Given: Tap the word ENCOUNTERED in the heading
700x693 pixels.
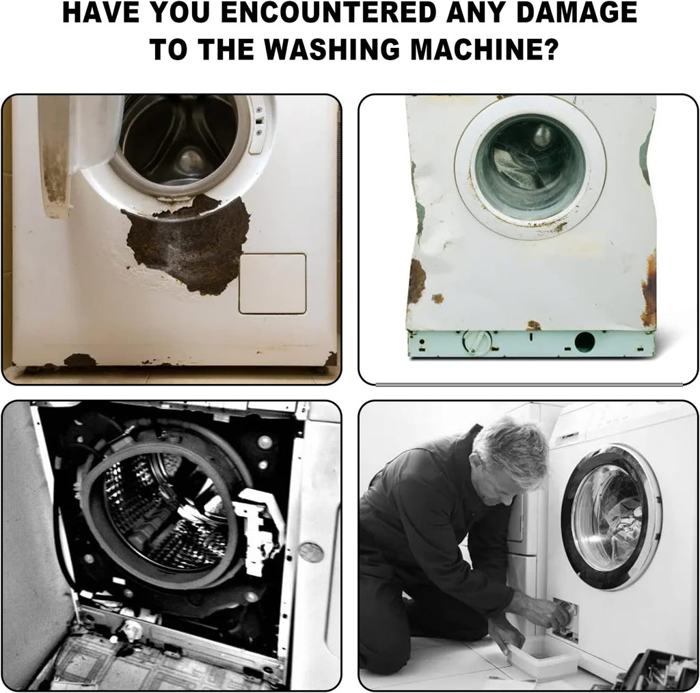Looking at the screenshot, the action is pos(328,12).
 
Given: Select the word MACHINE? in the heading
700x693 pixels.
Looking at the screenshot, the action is pos(485,49).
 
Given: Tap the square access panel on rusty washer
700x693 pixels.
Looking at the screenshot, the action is pos(272,284).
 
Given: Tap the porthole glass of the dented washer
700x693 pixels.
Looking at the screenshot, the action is pos(530,167).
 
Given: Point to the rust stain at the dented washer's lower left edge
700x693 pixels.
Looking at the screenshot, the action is pos(417,281).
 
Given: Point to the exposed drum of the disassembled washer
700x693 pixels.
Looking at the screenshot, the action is pos(165,513).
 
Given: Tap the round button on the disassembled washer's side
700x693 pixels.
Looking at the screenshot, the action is pos(311,552).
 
